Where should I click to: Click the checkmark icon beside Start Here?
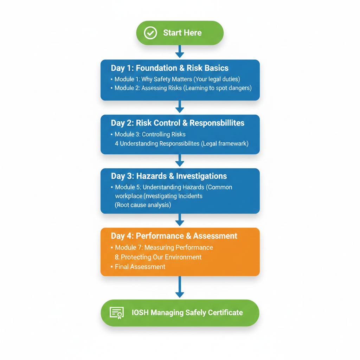[150, 33]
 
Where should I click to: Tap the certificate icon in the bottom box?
[116, 313]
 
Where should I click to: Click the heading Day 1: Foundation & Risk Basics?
[170, 68]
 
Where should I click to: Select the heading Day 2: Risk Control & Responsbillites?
[178, 123]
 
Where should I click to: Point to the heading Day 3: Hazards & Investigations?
[169, 176]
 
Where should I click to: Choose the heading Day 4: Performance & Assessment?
[174, 236]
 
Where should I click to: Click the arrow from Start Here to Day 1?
[180, 52]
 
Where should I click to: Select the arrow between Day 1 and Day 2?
[180, 107]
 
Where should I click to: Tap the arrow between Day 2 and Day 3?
[180, 160]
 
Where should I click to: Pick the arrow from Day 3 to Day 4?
[180, 220]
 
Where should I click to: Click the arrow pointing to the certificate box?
[180, 287]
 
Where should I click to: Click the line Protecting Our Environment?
[158, 257]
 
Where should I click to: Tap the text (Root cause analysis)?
[143, 205]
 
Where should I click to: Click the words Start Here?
[182, 33]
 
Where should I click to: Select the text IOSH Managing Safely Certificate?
[187, 313]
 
